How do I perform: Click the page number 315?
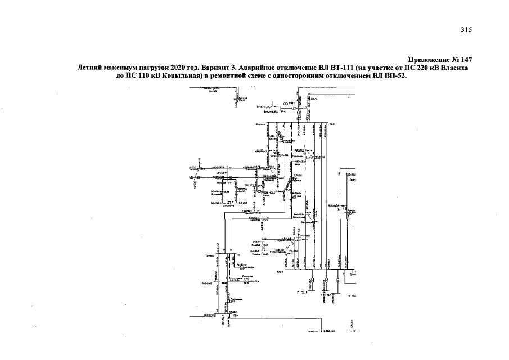pos(466,30)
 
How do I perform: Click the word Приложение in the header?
pos(427,60)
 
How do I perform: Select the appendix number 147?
pos(464,60)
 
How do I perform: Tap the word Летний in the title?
pos(89,67)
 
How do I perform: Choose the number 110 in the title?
pos(139,75)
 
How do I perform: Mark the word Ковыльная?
pos(179,75)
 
